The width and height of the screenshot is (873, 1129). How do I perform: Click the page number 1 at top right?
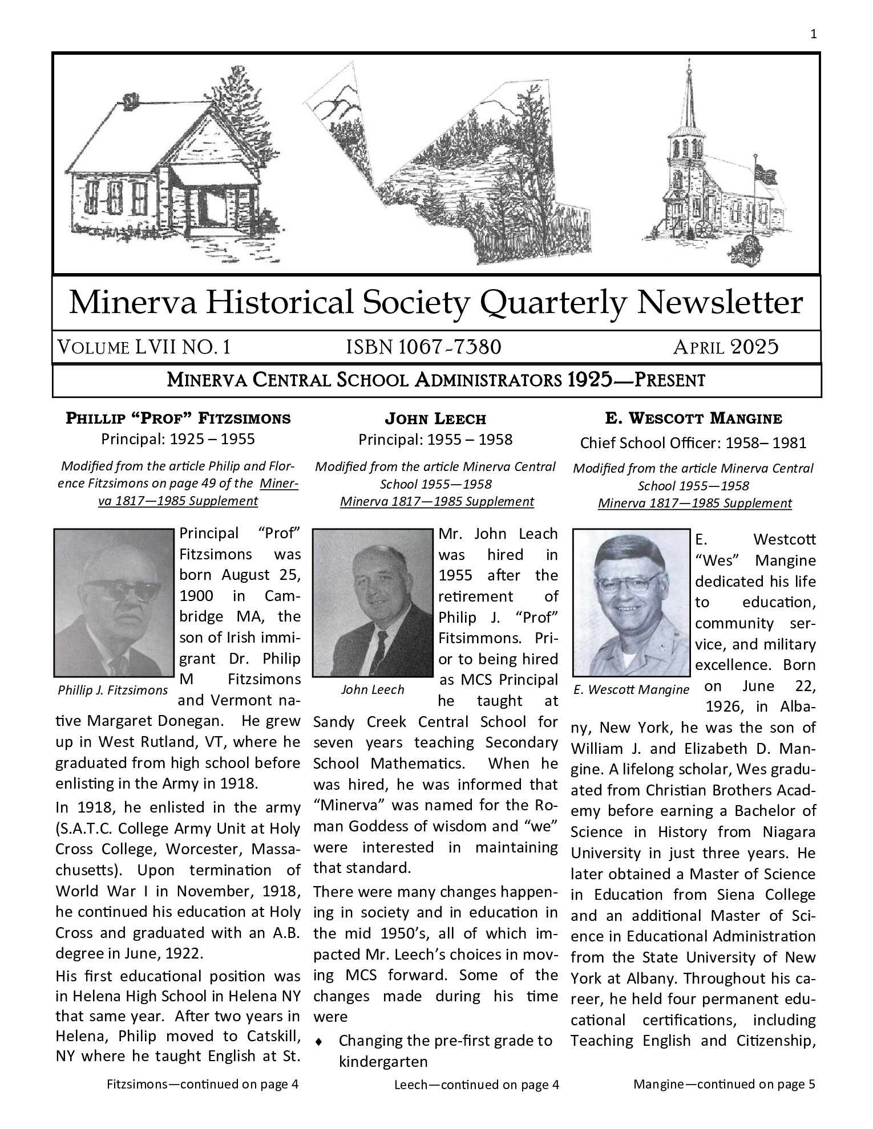813,34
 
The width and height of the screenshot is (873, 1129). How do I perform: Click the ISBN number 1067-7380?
423,347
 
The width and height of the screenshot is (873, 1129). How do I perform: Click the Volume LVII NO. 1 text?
143,347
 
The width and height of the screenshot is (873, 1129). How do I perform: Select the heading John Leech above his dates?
435,419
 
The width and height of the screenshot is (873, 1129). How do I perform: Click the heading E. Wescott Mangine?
693,419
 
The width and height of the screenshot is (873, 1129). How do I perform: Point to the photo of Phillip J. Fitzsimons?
114,603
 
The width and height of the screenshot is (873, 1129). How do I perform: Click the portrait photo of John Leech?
373,603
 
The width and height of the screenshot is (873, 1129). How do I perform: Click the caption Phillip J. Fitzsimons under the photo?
113,690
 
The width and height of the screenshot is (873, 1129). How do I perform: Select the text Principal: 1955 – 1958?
435,440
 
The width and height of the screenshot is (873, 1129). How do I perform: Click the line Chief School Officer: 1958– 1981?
693,442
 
